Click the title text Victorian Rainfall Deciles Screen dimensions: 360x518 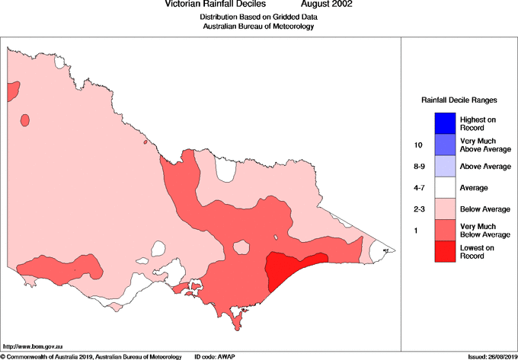tap(216, 5)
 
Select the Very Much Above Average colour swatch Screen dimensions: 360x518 tap(446, 145)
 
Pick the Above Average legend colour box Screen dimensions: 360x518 tap(446, 166)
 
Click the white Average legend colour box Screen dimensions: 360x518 tap(446, 187)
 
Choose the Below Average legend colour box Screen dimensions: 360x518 tap(446, 209)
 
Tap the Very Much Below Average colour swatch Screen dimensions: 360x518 tap(446, 230)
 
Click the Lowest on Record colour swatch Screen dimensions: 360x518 tap(446, 251)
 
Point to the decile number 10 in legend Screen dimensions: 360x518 tap(417, 145)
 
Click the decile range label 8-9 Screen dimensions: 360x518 tap(417, 166)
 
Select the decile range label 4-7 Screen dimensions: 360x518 tap(417, 187)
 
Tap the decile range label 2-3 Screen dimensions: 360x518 tap(417, 209)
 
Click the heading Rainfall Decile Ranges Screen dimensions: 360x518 tap(459, 100)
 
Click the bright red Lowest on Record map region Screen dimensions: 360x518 tap(289, 269)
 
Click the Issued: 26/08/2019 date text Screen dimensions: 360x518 tap(491, 356)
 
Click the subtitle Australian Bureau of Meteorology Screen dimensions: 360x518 tap(258, 27)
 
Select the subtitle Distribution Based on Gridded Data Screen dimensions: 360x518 tap(258, 17)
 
